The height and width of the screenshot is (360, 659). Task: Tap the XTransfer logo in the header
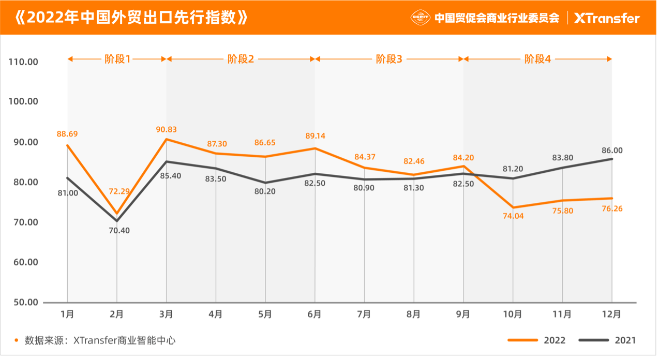click(607, 18)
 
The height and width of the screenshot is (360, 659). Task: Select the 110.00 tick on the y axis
click(24, 62)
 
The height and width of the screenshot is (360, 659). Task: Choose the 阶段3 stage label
click(389, 59)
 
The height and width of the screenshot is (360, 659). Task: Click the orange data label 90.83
click(167, 129)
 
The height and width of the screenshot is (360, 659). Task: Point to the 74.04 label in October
click(513, 216)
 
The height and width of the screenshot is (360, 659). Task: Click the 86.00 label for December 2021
click(611, 151)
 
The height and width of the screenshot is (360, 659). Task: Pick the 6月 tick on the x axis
click(314, 314)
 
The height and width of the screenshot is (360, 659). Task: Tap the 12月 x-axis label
click(612, 314)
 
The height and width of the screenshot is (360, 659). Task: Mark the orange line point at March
click(167, 139)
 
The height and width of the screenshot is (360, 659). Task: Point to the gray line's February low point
click(117, 221)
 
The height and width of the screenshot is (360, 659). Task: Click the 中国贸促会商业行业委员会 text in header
click(497, 18)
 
